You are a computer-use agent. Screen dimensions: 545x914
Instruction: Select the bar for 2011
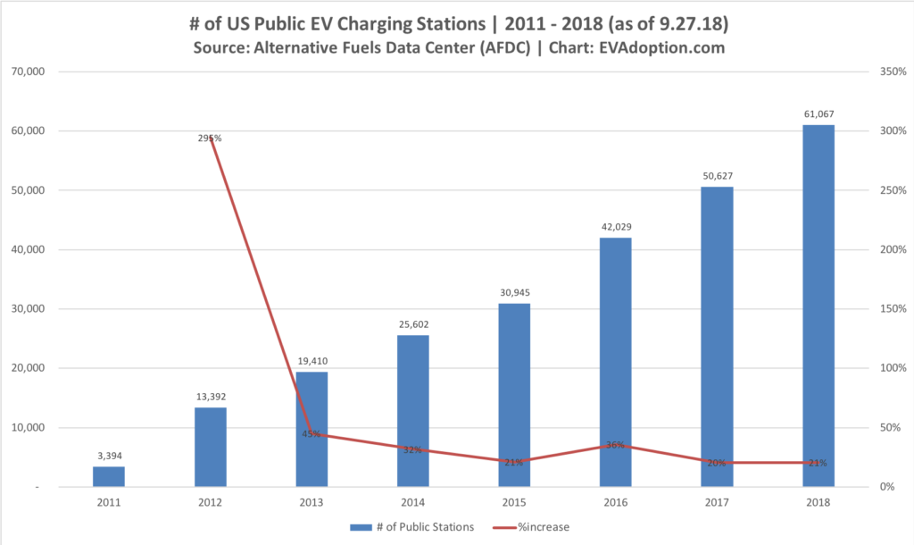click(x=110, y=476)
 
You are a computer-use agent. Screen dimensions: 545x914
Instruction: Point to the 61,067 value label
click(x=818, y=114)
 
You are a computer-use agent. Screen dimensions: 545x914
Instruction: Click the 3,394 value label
click(x=110, y=456)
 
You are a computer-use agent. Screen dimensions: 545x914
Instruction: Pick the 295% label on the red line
click(x=211, y=138)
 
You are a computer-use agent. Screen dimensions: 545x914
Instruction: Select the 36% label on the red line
click(x=616, y=445)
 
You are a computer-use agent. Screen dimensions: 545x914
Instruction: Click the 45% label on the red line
click(x=312, y=435)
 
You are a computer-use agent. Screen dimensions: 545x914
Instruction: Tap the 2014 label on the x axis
click(x=413, y=503)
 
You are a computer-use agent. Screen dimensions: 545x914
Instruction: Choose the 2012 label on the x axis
click(x=211, y=503)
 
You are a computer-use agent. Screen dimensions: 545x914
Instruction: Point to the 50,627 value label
click(x=717, y=176)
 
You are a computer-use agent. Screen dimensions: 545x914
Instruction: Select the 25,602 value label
click(x=413, y=324)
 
